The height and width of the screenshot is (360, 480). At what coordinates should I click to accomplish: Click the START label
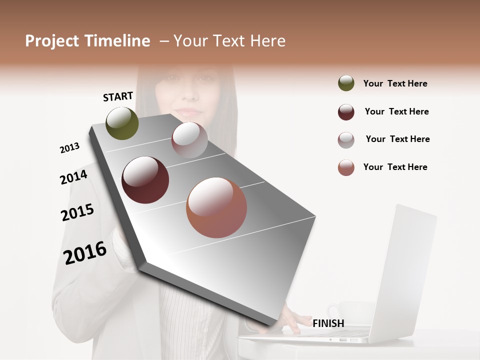(x=118, y=96)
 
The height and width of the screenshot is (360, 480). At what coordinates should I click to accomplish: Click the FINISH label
(x=328, y=323)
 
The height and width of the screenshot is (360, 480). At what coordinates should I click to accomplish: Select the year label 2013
(x=69, y=148)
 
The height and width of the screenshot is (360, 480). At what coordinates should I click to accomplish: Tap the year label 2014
(x=73, y=177)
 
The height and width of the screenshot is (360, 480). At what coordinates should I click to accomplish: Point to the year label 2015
(x=77, y=212)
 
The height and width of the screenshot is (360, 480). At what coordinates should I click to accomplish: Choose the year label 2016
(x=85, y=252)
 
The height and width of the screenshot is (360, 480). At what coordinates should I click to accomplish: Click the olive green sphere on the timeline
(x=122, y=123)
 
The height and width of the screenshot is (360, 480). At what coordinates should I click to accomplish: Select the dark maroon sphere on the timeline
(x=145, y=180)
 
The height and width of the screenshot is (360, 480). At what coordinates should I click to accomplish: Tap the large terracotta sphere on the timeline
(x=216, y=207)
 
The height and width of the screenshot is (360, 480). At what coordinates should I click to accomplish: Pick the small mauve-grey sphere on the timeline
(x=189, y=140)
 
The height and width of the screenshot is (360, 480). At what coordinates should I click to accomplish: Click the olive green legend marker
(x=346, y=83)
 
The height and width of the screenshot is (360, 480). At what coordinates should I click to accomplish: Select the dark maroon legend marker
(x=346, y=112)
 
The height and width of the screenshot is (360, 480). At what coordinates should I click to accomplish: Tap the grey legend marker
(x=346, y=140)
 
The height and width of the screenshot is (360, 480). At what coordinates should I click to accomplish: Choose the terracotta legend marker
(x=346, y=167)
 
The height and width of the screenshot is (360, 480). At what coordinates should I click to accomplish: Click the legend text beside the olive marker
(x=395, y=83)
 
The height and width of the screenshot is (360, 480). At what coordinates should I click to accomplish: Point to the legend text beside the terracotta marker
(x=395, y=167)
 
